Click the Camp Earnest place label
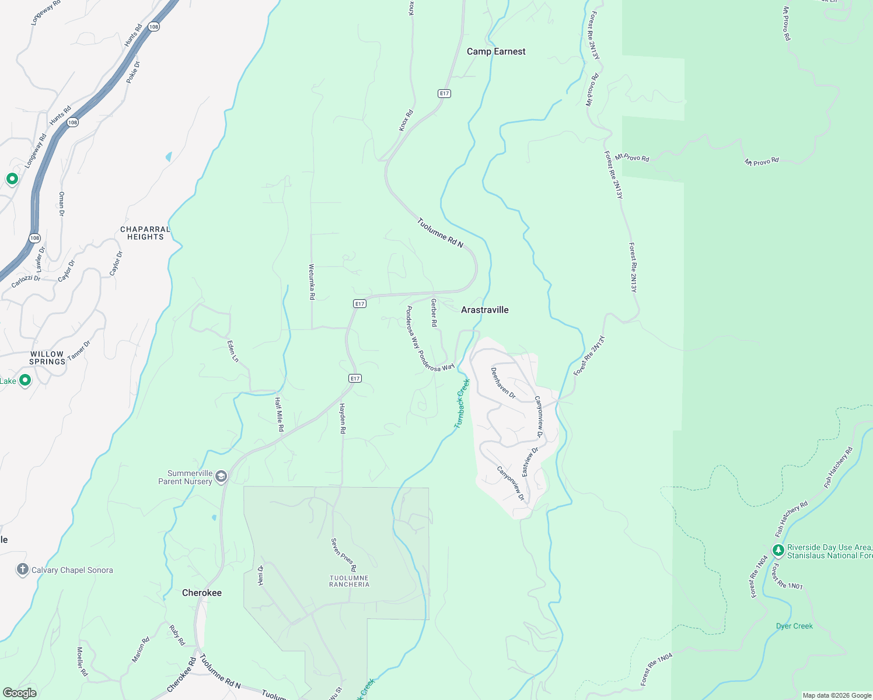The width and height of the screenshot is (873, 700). [x=496, y=51]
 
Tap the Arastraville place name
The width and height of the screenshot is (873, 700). [x=484, y=310]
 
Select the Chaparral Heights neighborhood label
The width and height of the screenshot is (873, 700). [x=145, y=233]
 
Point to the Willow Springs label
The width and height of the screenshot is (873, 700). [x=47, y=358]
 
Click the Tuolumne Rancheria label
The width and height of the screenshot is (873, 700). [x=349, y=581]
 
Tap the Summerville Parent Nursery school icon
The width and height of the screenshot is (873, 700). [x=221, y=477]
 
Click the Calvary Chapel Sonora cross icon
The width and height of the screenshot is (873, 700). [x=22, y=570]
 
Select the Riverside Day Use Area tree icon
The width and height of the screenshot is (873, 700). [x=778, y=551]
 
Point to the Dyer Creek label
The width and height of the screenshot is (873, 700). [x=794, y=626]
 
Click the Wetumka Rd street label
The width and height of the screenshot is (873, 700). [x=312, y=282]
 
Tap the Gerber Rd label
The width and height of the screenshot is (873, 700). [x=434, y=313]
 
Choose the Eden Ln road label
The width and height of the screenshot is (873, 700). [x=233, y=351]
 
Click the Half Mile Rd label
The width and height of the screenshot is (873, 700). [x=280, y=414]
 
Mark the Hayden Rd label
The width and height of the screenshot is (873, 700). [x=343, y=419]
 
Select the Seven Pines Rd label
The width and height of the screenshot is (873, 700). [x=344, y=555]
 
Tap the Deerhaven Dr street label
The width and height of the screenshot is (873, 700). [x=503, y=383]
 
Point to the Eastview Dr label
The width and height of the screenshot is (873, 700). [x=530, y=462]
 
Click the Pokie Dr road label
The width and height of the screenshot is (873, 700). [x=133, y=72]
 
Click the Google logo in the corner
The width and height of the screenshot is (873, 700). [x=20, y=693]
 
